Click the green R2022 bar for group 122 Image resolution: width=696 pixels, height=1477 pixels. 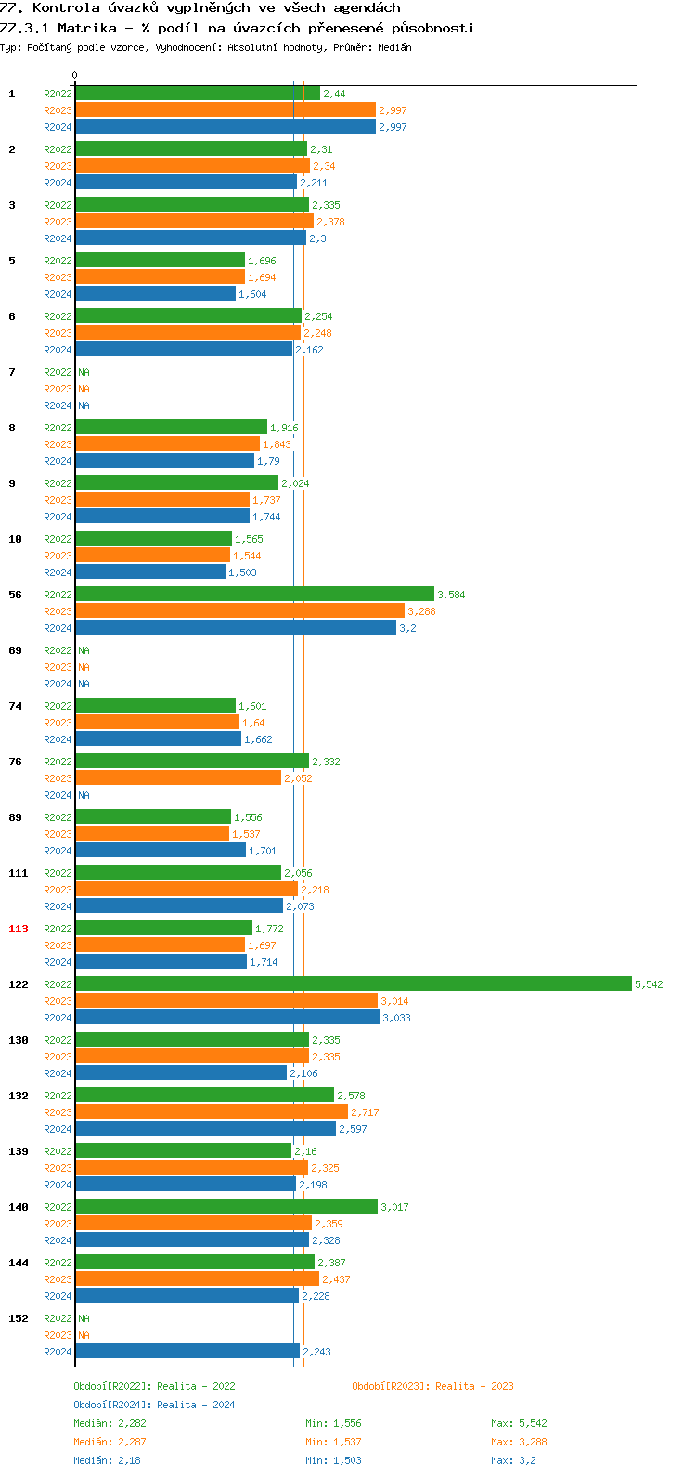(x=353, y=983)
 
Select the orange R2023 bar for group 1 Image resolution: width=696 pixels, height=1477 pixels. (x=226, y=109)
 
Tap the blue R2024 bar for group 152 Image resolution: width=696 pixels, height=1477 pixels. (x=187, y=1351)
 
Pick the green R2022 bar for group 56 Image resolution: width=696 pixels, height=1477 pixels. (x=254, y=594)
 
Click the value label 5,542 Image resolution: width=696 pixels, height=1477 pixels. (x=649, y=984)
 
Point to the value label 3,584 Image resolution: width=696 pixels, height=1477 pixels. (x=451, y=595)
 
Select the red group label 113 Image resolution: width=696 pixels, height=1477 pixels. (x=19, y=929)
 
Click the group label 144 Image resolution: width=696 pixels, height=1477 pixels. (x=19, y=1263)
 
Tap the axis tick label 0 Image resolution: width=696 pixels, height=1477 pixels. (x=75, y=76)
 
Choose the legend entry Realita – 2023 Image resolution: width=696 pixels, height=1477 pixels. (x=432, y=1386)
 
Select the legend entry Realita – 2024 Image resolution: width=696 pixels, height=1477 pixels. (x=154, y=1405)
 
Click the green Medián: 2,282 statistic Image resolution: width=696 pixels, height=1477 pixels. (x=110, y=1423)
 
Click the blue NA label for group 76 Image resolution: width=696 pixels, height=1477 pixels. (x=84, y=795)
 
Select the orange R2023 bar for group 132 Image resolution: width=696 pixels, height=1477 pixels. (x=212, y=1111)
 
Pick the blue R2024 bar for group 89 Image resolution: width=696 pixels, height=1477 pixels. (x=161, y=850)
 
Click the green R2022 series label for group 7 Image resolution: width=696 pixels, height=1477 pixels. (x=58, y=372)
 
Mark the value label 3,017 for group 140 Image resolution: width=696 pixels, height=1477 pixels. (x=394, y=1207)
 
